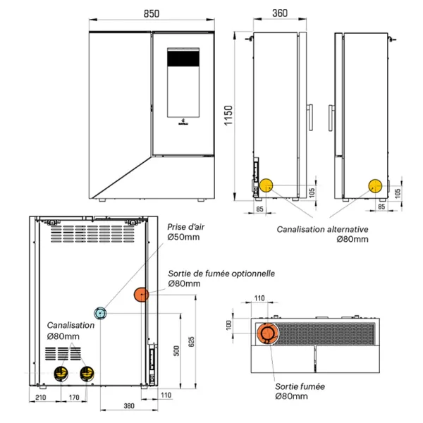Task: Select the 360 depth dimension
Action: pyautogui.click(x=279, y=13)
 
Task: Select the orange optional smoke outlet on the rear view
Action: pyautogui.click(x=142, y=295)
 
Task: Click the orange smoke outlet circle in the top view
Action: pyautogui.click(x=269, y=334)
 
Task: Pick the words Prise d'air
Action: pyautogui.click(x=185, y=227)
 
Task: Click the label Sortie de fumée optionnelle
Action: pyautogui.click(x=221, y=274)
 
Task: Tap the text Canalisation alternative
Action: pyautogui.click(x=323, y=229)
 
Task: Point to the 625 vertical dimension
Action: pyautogui.click(x=190, y=343)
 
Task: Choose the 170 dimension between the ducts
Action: pyautogui.click(x=73, y=398)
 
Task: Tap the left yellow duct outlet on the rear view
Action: pyautogui.click(x=61, y=372)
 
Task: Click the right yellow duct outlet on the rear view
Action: pyautogui.click(x=87, y=372)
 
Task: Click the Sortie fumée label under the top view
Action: pyautogui.click(x=300, y=387)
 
